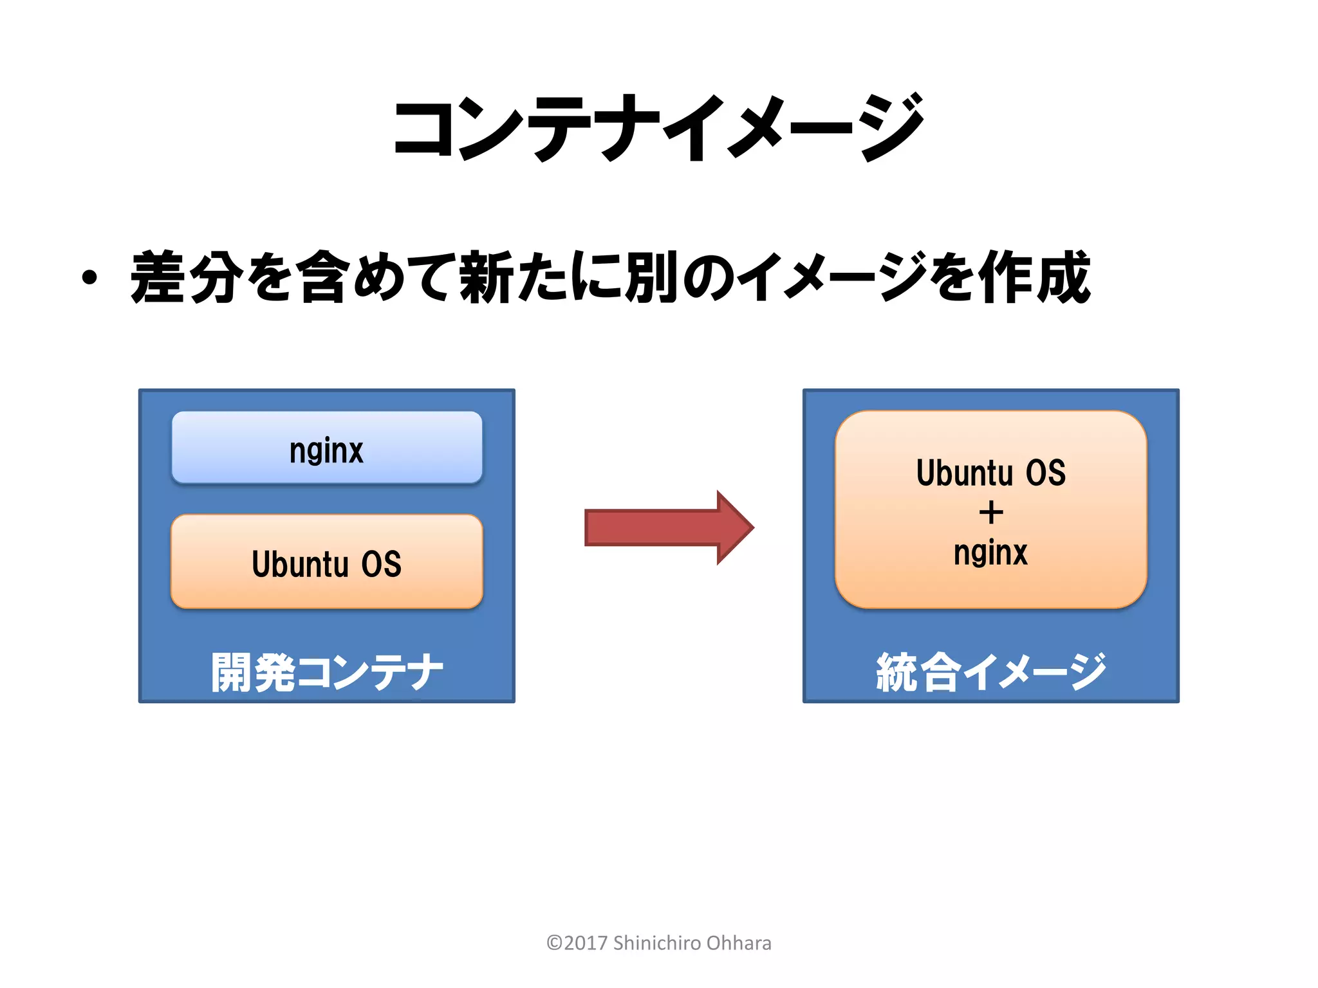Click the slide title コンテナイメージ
pos(659,127)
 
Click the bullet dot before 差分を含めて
pos(89,278)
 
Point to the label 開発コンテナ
pos(327,672)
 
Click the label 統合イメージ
pos(991,672)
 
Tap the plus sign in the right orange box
pos(991,513)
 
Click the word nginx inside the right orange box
pos(991,553)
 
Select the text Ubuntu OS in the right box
pos(991,473)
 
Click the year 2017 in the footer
pos(586,943)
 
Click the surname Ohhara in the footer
pos(739,943)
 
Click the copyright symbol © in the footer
pos(554,943)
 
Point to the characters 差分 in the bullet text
pos(187,278)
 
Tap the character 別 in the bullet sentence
pos(651,278)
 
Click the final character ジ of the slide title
pos(891,127)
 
